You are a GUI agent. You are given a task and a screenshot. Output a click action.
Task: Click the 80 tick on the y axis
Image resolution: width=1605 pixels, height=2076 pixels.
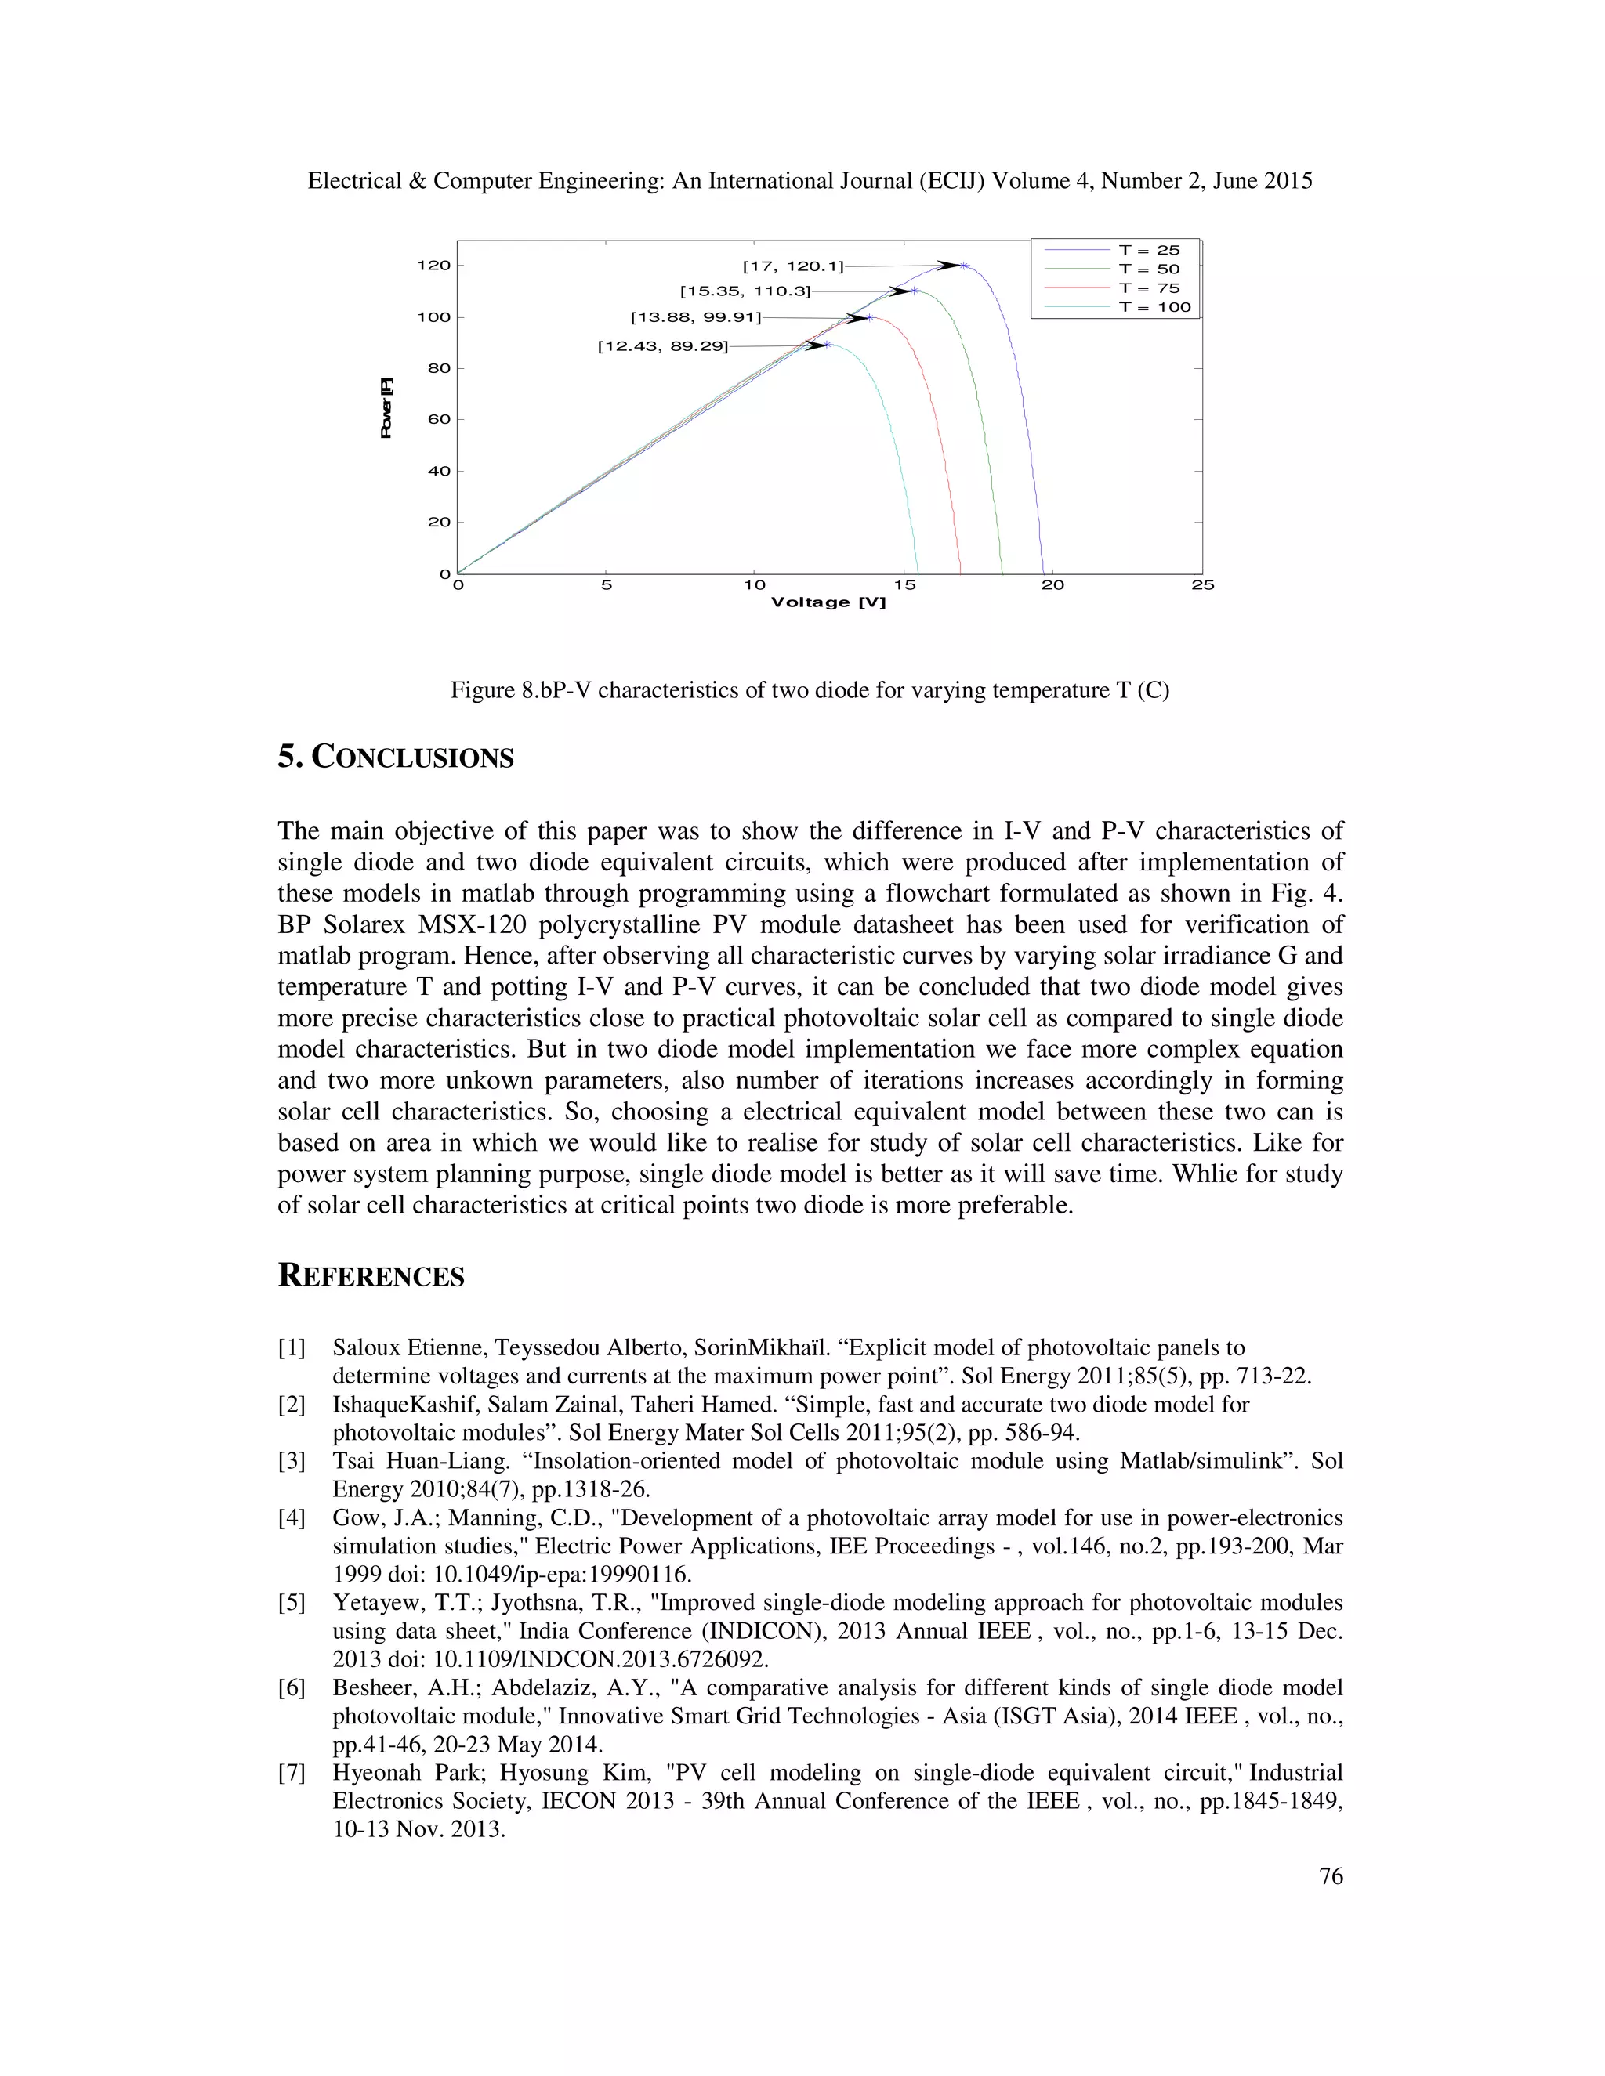coord(438,368)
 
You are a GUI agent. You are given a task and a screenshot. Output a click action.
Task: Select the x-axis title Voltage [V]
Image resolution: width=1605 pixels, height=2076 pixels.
coord(828,602)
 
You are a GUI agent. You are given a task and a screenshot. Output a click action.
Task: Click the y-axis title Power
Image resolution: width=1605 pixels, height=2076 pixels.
coord(386,409)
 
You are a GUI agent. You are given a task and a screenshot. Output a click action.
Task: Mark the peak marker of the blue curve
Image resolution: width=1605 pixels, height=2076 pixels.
coord(964,266)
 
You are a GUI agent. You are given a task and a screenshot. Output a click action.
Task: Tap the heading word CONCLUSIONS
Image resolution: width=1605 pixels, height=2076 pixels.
coord(413,758)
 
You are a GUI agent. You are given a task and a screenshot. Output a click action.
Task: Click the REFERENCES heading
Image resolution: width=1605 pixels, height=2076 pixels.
coord(371,1275)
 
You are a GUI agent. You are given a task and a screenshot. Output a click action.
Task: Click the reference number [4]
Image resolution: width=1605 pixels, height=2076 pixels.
coord(291,1518)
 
